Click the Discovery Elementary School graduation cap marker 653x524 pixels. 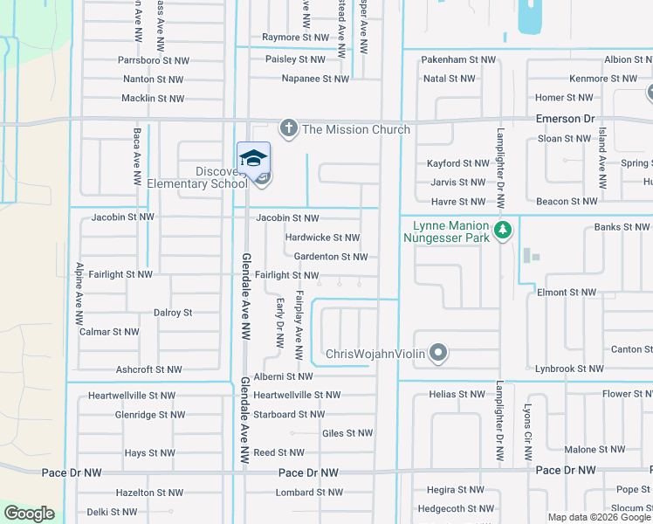(x=253, y=159)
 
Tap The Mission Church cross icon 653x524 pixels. (x=289, y=129)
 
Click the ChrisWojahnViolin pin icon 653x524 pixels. (x=438, y=354)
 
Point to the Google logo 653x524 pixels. (x=29, y=514)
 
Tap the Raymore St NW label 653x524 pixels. (x=296, y=38)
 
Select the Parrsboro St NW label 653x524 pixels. (x=151, y=61)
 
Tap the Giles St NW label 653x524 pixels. (x=347, y=433)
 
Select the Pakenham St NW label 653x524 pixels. (x=458, y=59)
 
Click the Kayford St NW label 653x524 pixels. (x=457, y=163)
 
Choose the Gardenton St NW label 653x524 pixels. (x=330, y=257)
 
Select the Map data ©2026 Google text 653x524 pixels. (x=599, y=517)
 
